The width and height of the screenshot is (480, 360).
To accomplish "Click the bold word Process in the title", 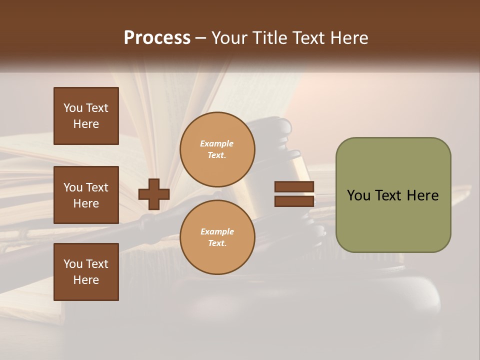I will tap(157, 38).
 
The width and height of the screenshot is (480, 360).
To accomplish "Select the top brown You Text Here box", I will tap(86, 116).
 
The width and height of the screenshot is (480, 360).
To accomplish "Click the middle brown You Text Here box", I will tap(86, 195).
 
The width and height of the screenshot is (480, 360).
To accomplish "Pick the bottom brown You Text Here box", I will tap(86, 271).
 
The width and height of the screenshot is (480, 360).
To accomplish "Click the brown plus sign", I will tap(154, 194).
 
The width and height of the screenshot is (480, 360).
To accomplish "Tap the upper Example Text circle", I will tap(217, 149).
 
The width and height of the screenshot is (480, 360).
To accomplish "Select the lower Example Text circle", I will tap(217, 237).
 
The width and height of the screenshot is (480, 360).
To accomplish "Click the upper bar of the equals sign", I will tap(294, 187).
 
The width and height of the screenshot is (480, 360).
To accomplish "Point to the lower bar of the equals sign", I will tap(294, 201).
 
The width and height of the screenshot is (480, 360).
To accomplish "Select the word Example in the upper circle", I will tap(217, 144).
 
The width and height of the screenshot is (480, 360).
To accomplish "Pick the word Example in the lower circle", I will tap(217, 231).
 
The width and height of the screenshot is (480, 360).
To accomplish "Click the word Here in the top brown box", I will tap(86, 124).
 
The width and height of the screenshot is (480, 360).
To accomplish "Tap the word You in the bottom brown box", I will tap(73, 264).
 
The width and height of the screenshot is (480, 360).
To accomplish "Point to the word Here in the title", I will tap(350, 38).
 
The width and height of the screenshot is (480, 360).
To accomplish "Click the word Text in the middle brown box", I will tap(97, 187).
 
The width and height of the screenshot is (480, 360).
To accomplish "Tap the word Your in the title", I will tap(229, 38).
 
